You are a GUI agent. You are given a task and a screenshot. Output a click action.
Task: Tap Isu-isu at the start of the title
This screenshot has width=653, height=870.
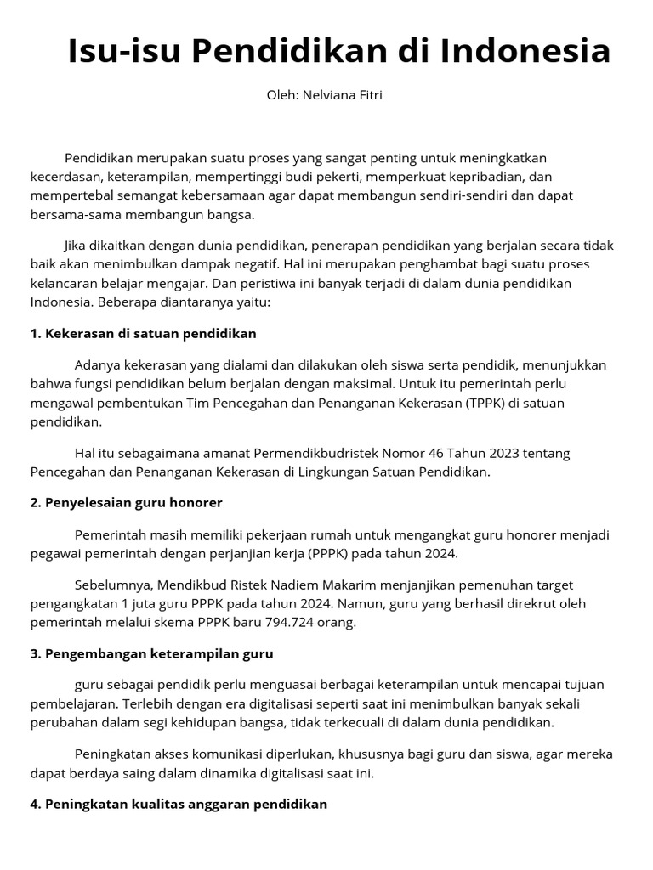[124, 52]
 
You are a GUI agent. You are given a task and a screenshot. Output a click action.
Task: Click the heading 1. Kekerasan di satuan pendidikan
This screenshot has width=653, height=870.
[143, 333]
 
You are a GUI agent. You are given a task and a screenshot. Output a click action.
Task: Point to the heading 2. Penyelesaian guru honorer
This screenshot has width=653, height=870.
[126, 502]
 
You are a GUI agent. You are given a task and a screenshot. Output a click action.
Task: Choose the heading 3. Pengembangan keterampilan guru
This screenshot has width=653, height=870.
[151, 653]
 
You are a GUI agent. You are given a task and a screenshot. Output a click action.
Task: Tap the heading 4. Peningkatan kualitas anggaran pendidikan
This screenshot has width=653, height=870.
[179, 804]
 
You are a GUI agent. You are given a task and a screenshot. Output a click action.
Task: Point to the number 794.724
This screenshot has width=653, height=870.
[294, 622]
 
